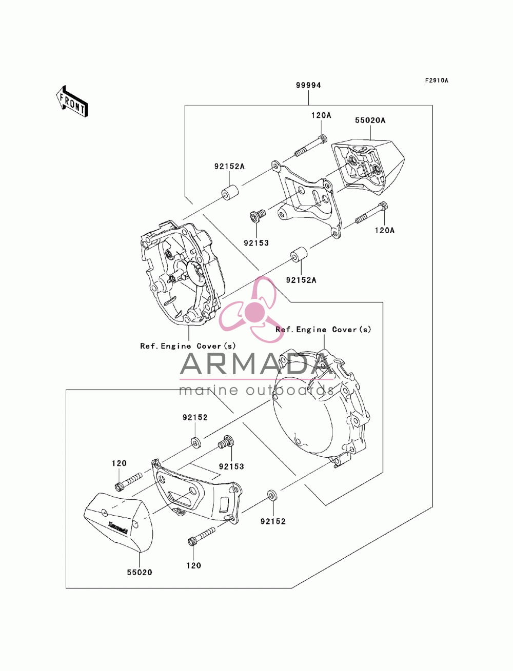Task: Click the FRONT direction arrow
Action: (x=72, y=101)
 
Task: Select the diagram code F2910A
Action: (x=436, y=80)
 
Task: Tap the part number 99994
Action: (x=308, y=85)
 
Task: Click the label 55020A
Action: (x=370, y=120)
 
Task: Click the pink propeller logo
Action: (x=251, y=310)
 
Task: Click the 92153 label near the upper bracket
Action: (x=256, y=243)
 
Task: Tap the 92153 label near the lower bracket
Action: (x=231, y=466)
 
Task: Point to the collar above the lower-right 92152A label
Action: (x=299, y=254)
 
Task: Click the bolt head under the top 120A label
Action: (x=322, y=138)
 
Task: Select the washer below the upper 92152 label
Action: (x=195, y=442)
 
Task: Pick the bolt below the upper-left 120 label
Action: (x=128, y=481)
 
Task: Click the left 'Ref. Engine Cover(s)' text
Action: (x=188, y=346)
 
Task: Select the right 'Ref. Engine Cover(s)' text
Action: (x=323, y=330)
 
